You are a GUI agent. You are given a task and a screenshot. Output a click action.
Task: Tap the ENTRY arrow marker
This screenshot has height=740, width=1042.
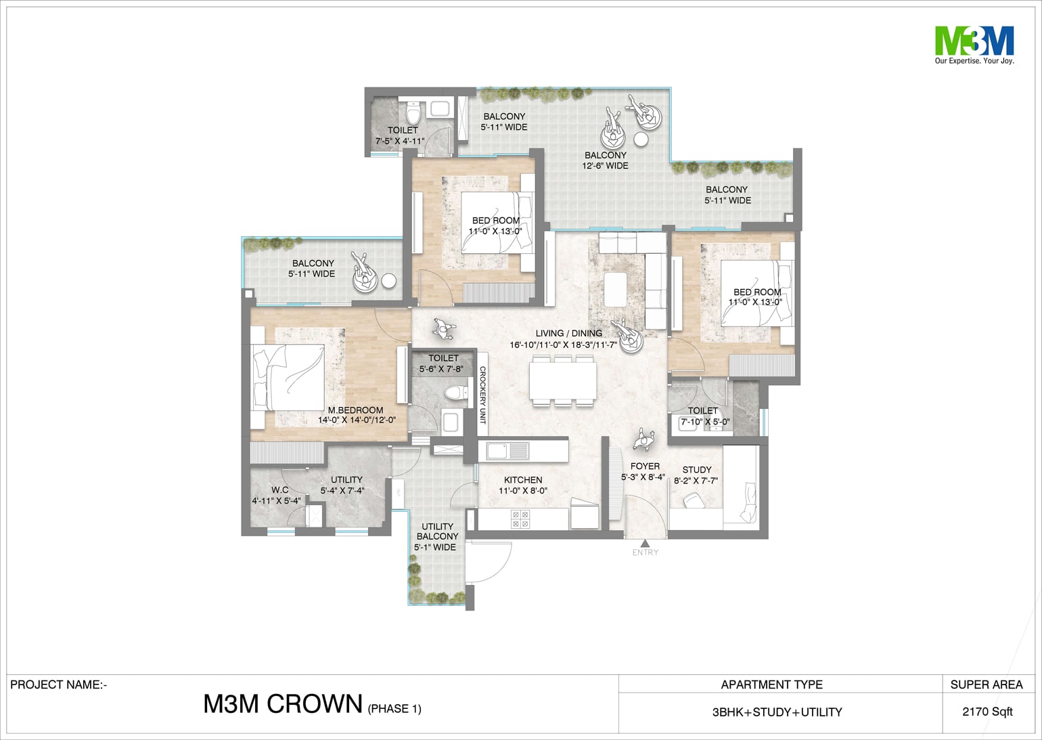tap(645, 543)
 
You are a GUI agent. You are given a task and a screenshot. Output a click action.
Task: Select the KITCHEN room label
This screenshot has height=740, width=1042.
tap(523, 480)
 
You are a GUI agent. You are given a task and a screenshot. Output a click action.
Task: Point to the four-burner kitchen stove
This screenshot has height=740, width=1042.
tap(520, 519)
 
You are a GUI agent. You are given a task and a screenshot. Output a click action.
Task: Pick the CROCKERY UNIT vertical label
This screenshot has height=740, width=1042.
tap(482, 395)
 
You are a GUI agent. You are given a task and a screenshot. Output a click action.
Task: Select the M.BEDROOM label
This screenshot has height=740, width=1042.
tap(355, 410)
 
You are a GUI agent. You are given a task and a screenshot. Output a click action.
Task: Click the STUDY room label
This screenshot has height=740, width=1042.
tap(696, 470)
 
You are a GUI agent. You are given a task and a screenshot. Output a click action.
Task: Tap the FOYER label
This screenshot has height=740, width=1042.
tap(645, 466)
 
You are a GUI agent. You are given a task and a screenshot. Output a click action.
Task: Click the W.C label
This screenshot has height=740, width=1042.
tap(280, 489)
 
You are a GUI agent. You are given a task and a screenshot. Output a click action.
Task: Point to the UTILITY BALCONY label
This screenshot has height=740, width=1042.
tap(437, 531)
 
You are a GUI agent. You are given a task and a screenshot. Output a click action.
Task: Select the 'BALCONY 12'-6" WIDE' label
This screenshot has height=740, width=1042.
tap(605, 160)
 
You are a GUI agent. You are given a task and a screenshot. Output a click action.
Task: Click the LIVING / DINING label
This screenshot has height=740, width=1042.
tap(568, 333)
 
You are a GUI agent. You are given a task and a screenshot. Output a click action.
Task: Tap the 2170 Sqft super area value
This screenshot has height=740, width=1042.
tap(987, 712)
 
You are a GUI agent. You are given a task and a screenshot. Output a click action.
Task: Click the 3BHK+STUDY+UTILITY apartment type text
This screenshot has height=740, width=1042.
tap(777, 712)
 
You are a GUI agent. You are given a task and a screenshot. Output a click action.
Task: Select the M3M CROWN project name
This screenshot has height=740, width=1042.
tap(283, 703)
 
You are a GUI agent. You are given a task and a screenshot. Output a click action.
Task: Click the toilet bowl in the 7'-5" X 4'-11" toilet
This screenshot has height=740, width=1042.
tap(413, 114)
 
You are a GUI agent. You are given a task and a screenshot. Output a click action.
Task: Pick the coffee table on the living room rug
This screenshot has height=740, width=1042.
tap(615, 290)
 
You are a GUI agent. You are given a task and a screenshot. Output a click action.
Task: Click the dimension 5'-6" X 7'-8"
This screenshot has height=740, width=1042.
tap(441, 369)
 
